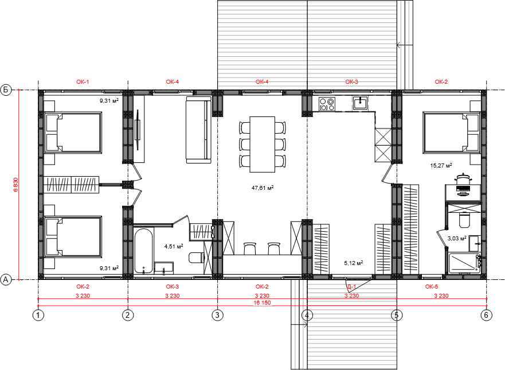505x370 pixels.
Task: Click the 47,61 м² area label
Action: point(263,188)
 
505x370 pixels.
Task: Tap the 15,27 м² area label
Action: point(441,166)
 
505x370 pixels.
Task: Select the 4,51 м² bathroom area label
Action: point(174,247)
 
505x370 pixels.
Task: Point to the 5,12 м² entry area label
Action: point(353,263)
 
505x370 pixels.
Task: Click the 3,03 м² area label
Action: point(457,239)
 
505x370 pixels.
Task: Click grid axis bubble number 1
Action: point(38,315)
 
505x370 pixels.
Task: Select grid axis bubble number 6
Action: point(486,315)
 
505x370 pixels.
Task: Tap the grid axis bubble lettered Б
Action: point(6,89)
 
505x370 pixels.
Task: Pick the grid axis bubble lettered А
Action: point(6,280)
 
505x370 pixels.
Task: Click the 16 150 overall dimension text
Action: point(262,303)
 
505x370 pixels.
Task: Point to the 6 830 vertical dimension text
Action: point(16,185)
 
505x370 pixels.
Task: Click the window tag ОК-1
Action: point(83,82)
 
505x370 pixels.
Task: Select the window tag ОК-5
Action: point(432,286)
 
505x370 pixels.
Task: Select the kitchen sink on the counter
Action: point(361,103)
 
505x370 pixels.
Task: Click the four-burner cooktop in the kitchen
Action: point(327,104)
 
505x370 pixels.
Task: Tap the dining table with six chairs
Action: point(263,145)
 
